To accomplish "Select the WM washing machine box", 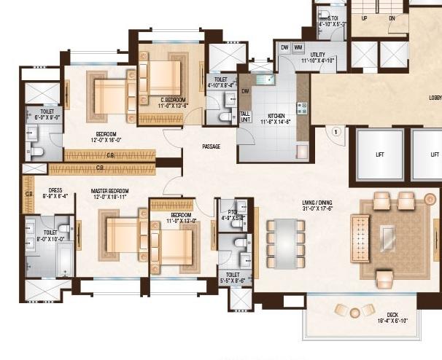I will pos(298,47).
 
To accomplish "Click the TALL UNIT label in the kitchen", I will pos(245,117).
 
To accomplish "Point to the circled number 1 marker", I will pos(336,132).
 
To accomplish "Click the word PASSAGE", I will pos(211,146).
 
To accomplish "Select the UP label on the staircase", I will pos(365,18).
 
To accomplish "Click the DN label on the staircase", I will pos(392,18).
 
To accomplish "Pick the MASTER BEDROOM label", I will pos(110,192).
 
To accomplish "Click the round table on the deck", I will pos(354,312).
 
